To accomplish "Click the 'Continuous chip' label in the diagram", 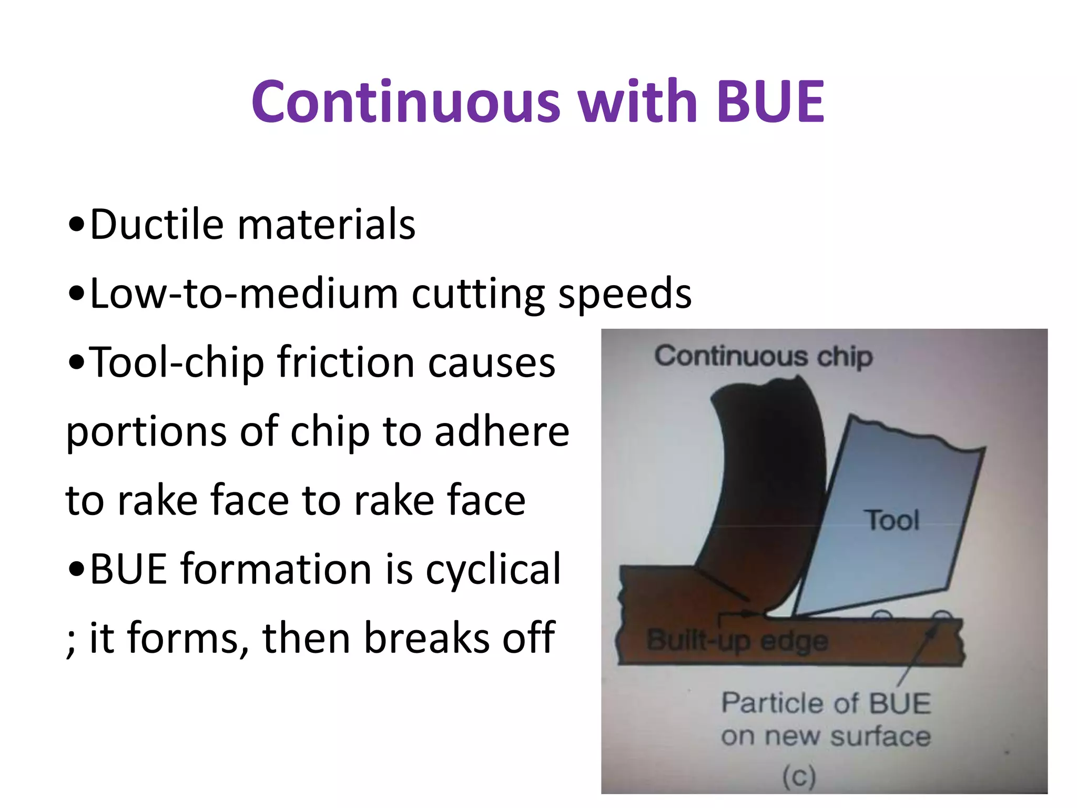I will pyautogui.click(x=763, y=357).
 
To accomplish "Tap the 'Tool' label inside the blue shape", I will pyautogui.click(x=892, y=520).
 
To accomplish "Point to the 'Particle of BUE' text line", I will pyautogui.click(x=826, y=703).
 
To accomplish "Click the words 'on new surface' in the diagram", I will pyautogui.click(x=826, y=736).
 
